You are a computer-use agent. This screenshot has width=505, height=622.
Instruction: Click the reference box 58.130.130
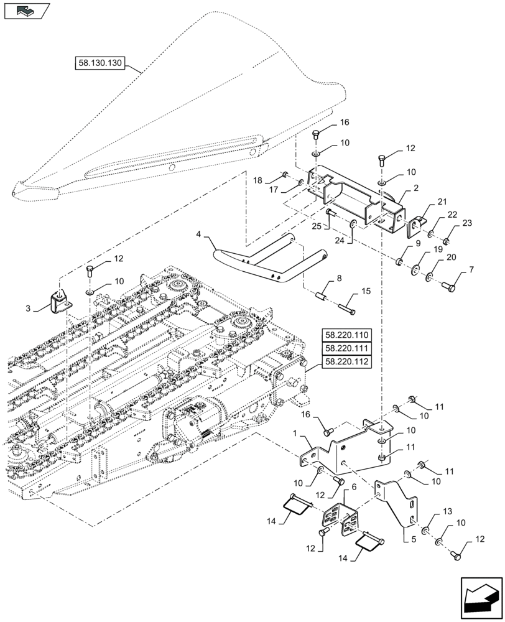point(100,63)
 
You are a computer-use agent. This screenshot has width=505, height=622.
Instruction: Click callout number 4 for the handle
point(198,235)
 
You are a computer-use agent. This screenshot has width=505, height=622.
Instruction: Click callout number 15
point(366,290)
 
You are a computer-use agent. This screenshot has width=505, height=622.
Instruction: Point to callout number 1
point(294,440)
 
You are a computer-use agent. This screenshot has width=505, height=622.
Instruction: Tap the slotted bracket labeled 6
point(337,519)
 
